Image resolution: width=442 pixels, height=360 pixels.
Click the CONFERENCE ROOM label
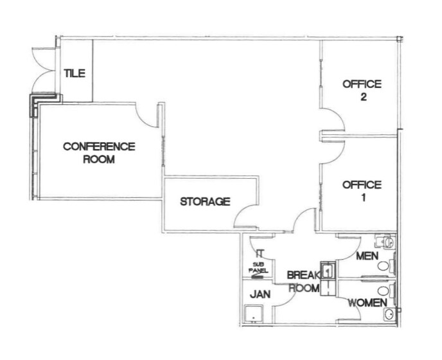99,153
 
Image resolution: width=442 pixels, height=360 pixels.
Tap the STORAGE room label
205,202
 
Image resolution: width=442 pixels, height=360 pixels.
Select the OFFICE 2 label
362,91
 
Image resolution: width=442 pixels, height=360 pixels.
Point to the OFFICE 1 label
362,192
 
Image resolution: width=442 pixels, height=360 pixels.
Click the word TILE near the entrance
75,73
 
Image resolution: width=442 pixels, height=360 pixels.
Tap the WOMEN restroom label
368,303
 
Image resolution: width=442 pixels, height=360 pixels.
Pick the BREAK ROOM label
303,282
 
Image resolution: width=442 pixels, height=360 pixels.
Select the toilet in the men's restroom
387,242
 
